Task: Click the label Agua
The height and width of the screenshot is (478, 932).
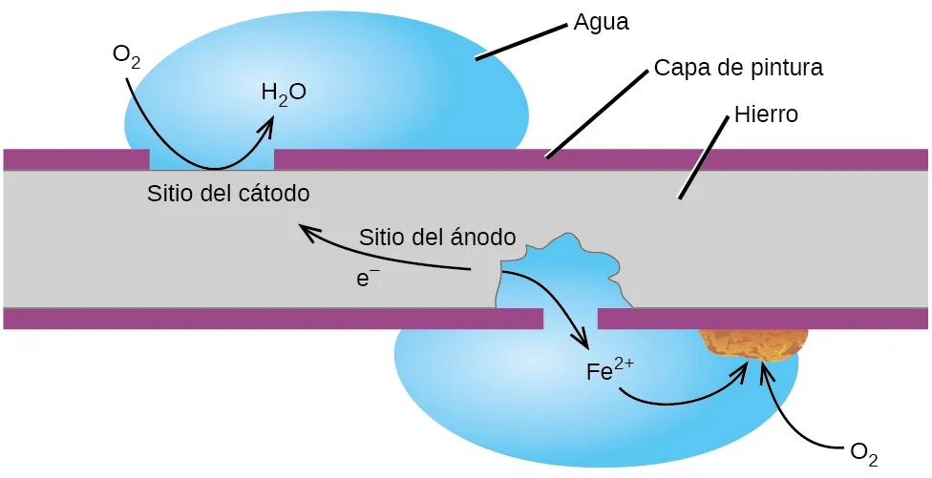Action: click(601, 22)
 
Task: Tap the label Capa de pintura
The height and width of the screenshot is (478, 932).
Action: click(738, 69)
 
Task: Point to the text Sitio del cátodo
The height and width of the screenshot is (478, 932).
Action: click(229, 194)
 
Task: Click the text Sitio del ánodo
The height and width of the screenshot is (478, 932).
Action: click(438, 237)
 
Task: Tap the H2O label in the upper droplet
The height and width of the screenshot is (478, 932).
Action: click(284, 94)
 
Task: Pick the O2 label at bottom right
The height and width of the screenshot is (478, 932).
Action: click(863, 452)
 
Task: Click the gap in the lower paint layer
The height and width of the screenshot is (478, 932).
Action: click(570, 319)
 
